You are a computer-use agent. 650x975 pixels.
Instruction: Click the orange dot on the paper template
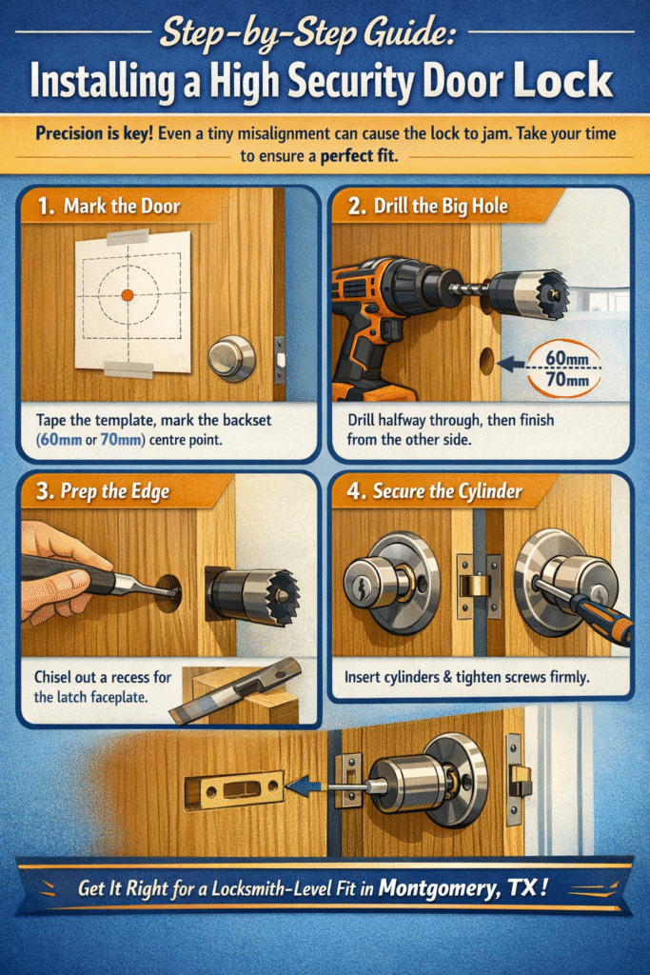(x=127, y=295)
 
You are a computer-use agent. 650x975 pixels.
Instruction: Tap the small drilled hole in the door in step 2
(x=487, y=361)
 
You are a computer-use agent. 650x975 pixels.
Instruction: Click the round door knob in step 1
(x=231, y=358)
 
